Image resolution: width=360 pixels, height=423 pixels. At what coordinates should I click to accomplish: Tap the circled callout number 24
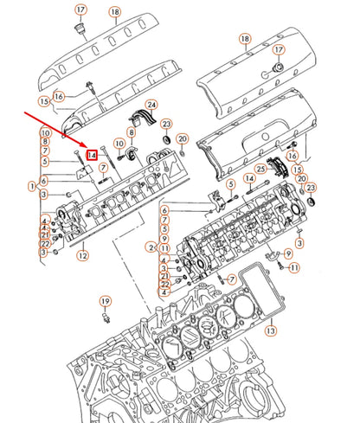point(151,106)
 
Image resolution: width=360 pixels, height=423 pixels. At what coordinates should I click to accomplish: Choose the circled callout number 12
point(81,255)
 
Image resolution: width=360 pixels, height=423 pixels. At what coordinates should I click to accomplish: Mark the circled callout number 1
point(31,184)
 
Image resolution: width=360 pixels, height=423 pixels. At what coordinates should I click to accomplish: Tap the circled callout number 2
point(153,247)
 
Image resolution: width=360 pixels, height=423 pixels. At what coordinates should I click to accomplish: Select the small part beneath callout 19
point(106,317)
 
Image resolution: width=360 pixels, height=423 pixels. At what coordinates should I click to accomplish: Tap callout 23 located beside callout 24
point(166,125)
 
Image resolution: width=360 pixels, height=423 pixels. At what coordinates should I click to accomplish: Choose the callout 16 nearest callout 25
point(292,156)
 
